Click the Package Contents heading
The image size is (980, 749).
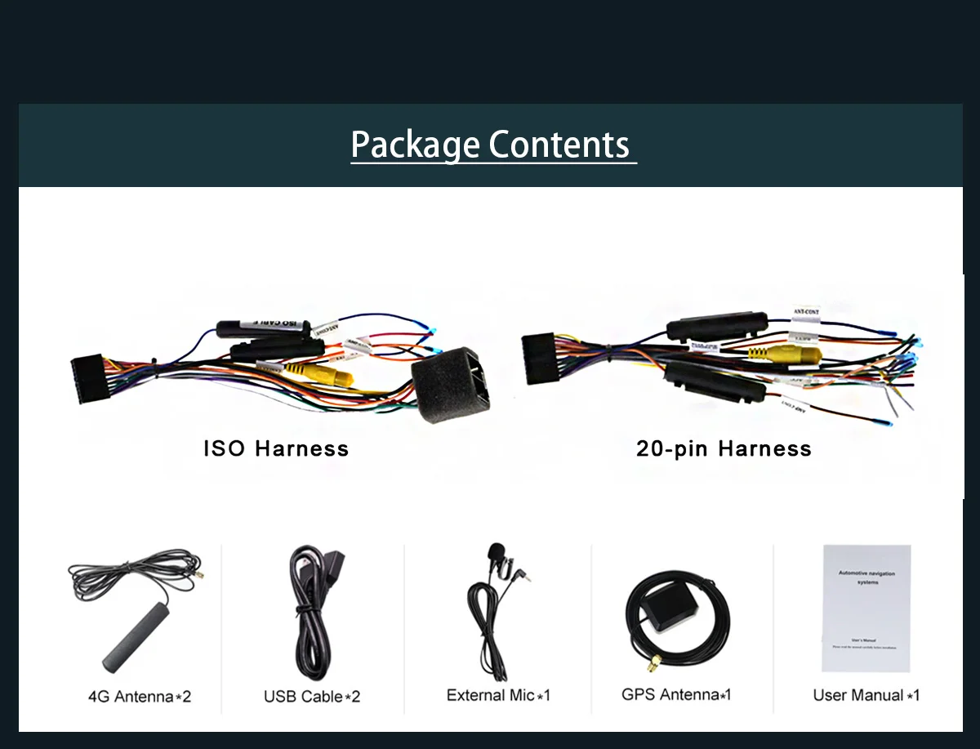[491, 145]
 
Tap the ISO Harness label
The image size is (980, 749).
[276, 448]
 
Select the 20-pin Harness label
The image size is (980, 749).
[724, 448]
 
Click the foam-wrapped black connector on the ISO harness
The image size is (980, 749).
[452, 384]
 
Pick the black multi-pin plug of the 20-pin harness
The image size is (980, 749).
[538, 358]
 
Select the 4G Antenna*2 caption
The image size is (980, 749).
[140, 697]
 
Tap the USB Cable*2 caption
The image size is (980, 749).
[312, 697]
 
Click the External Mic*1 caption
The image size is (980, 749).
[498, 695]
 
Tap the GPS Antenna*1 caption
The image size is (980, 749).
[676, 694]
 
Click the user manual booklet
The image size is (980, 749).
[866, 608]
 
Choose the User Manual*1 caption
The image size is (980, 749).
[866, 695]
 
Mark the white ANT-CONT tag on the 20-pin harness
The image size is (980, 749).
[807, 312]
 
